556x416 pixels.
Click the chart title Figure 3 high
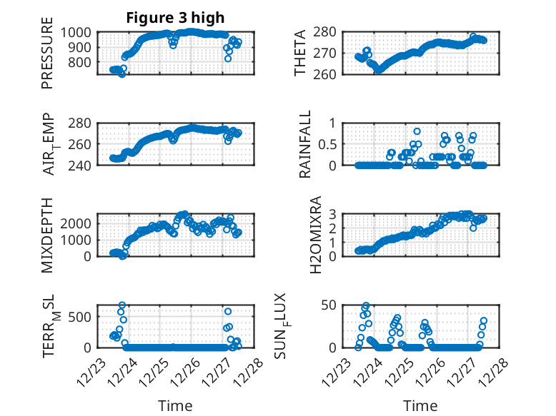[176, 18]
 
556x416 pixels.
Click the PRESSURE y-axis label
[47, 58]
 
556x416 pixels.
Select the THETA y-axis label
[300, 53]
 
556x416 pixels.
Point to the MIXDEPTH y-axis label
[47, 235]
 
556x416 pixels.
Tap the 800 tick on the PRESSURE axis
[81, 62]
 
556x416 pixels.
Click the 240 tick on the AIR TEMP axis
[81, 166]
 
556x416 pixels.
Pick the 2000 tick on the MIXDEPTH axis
[77, 223]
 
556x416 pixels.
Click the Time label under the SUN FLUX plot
[420, 406]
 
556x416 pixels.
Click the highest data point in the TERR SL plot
[122, 305]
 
